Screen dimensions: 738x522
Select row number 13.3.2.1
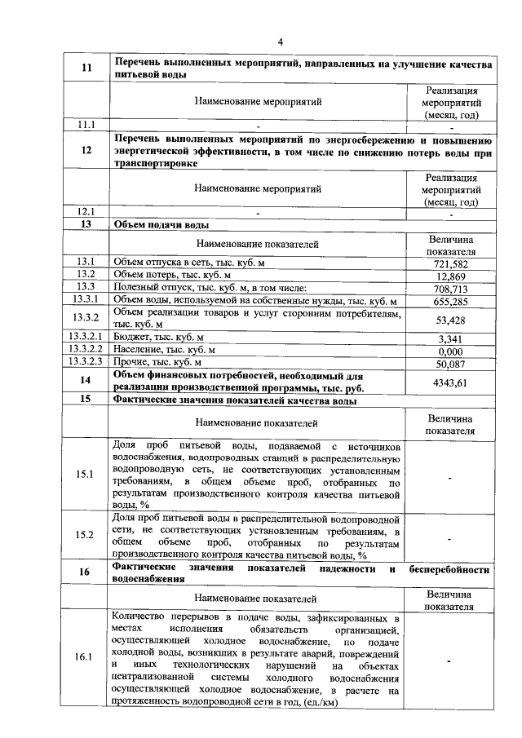pyautogui.click(x=86, y=338)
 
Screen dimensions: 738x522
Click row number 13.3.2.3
pyautogui.click(x=86, y=362)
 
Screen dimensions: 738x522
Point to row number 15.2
pyautogui.click(x=86, y=534)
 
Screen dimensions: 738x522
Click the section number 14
pyautogui.click(x=86, y=381)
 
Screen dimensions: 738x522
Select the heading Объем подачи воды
pyautogui.click(x=161, y=224)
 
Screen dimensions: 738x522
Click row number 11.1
pyautogui.click(x=86, y=125)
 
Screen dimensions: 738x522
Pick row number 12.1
pyautogui.click(x=86, y=211)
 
